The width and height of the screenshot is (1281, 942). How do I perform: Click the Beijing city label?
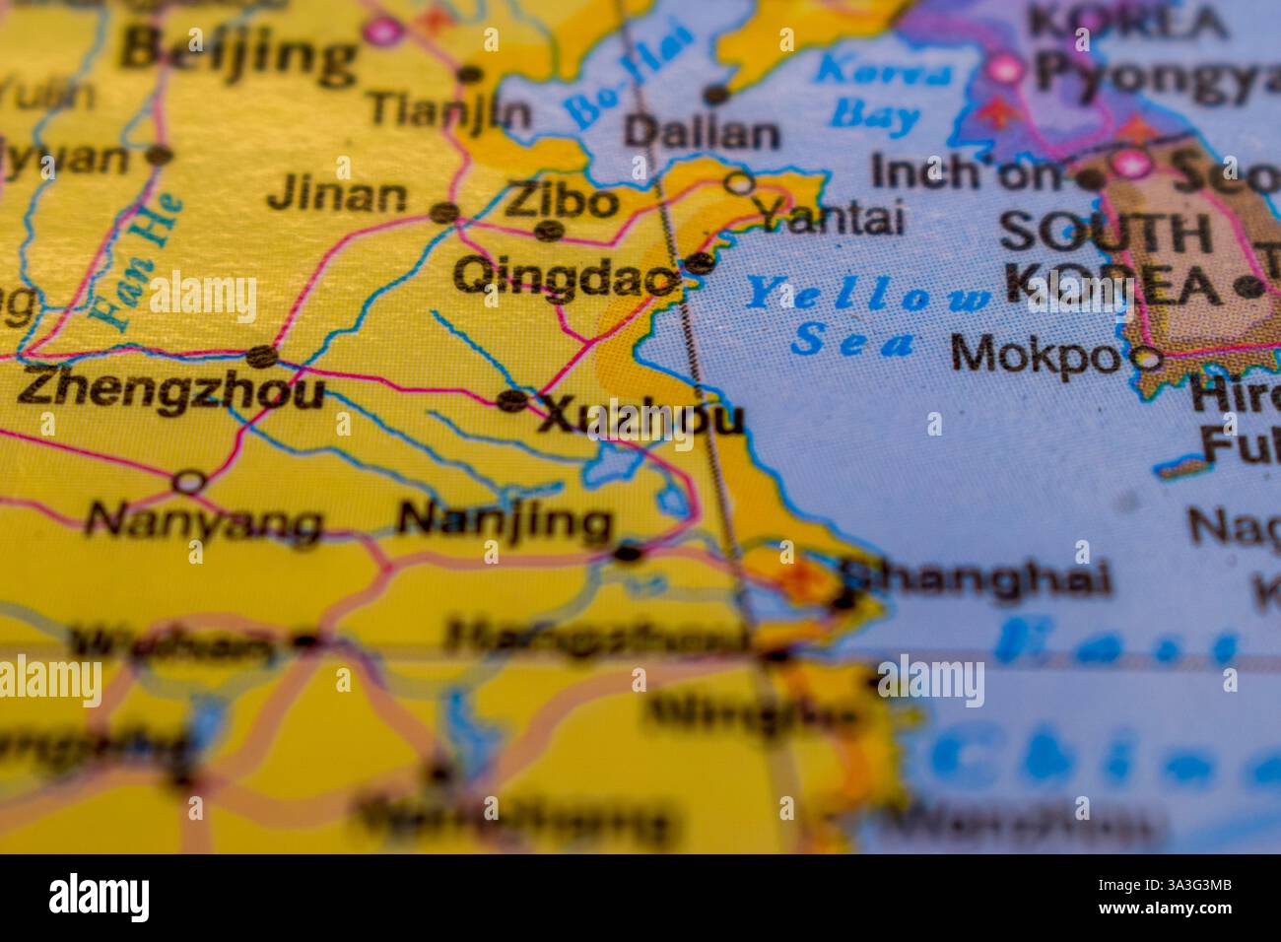tap(239, 51)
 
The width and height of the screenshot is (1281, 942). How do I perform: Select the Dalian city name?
tap(702, 133)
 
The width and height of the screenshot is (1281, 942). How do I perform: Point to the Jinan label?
tap(337, 195)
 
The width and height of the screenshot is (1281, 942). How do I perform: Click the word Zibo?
tap(561, 202)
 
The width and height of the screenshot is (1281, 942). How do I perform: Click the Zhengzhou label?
tap(170, 389)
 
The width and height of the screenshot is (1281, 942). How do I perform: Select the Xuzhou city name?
tap(640, 418)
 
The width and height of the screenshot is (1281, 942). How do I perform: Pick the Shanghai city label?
tap(976, 578)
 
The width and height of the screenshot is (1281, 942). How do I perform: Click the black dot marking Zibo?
tap(549, 231)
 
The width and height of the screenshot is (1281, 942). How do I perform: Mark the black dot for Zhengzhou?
tap(260, 357)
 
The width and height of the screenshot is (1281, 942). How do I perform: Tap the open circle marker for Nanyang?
tap(189, 482)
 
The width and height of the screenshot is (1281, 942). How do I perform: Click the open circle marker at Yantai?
tap(738, 182)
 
